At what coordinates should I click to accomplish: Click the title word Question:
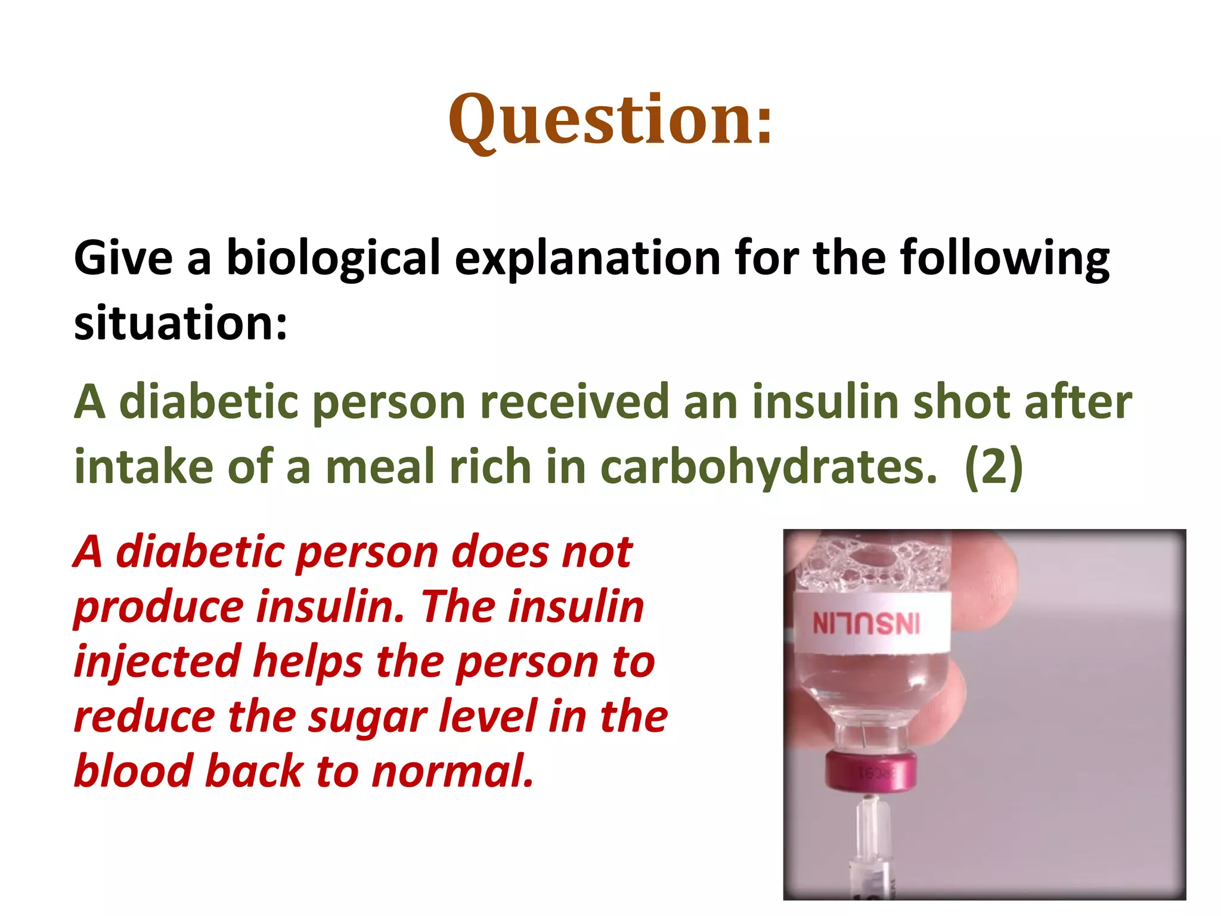click(x=610, y=121)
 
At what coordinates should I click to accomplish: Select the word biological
click(x=333, y=259)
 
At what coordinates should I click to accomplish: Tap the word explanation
click(x=588, y=259)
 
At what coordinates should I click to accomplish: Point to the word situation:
click(x=181, y=323)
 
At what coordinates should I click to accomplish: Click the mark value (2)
click(x=993, y=467)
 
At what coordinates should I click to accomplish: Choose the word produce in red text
click(x=159, y=607)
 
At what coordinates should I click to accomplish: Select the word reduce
click(x=144, y=717)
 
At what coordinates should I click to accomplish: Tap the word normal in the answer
click(x=453, y=771)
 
